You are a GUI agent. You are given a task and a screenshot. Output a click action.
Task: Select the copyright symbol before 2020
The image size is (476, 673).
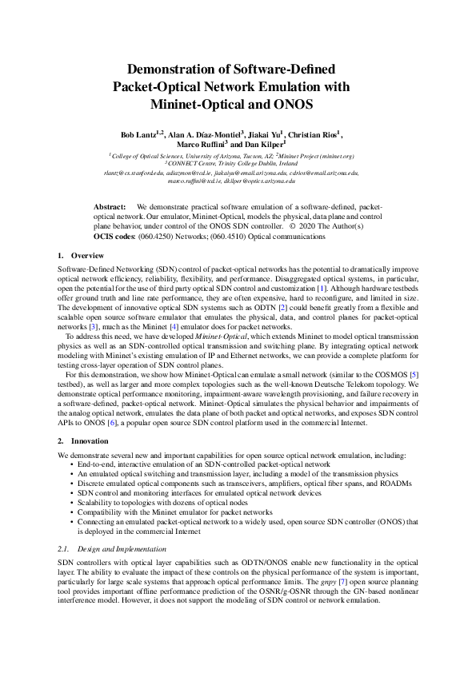click(x=292, y=226)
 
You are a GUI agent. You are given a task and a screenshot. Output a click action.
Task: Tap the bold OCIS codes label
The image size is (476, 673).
click(x=115, y=237)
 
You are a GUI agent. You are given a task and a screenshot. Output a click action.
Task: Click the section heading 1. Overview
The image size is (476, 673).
click(x=76, y=255)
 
